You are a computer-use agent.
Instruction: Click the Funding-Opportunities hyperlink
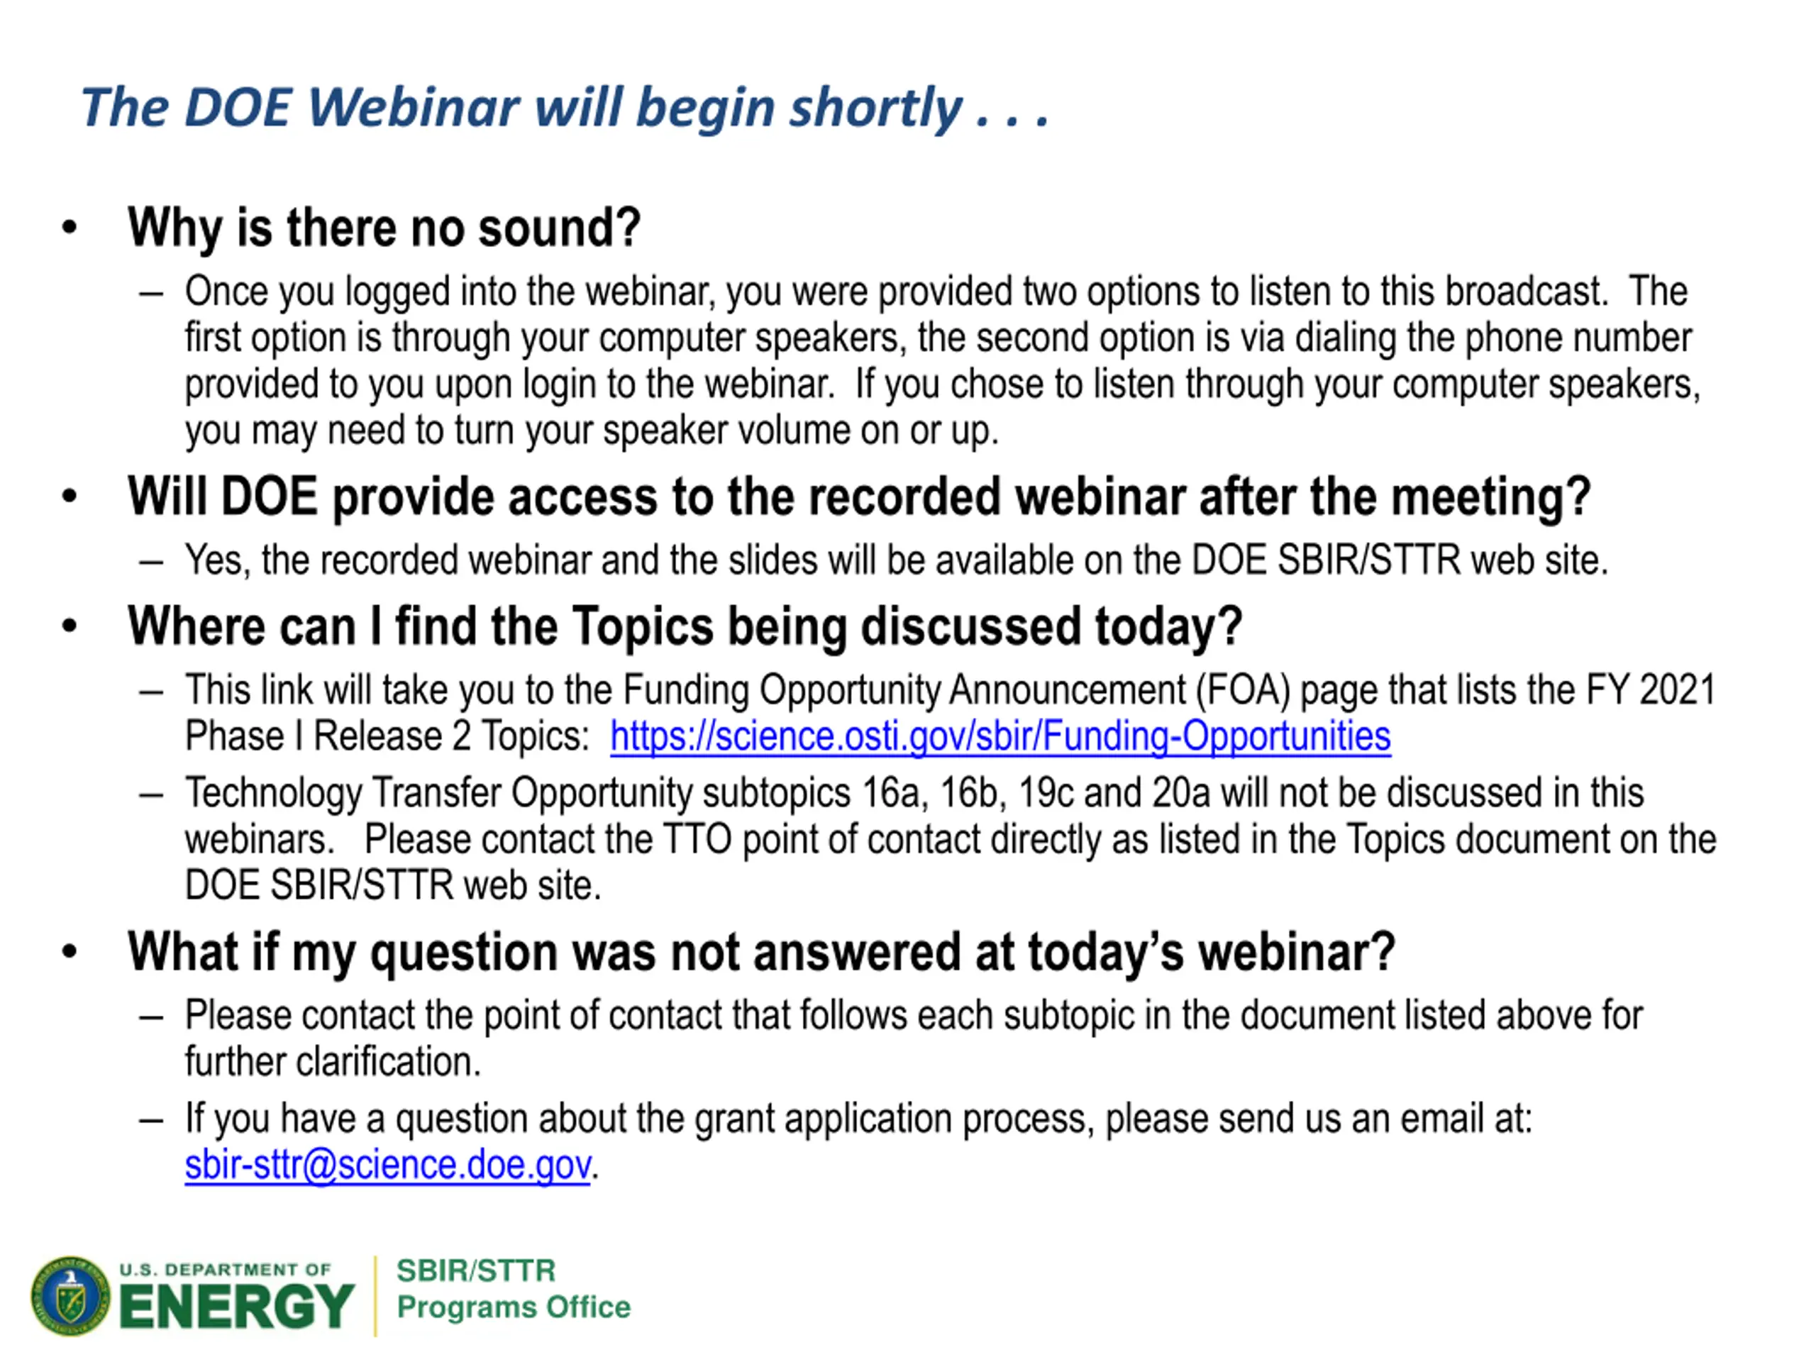(1000, 736)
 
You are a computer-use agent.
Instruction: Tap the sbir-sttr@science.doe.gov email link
(387, 1165)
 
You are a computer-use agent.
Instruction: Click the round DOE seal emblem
(71, 1295)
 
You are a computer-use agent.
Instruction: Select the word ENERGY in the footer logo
(237, 1306)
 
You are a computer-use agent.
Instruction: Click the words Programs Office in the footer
(514, 1307)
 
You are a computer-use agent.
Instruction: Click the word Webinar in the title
(413, 108)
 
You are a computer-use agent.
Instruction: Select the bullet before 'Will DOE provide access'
(70, 496)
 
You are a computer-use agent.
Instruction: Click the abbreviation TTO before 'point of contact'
(697, 840)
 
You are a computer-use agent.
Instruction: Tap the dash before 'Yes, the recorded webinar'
(151, 562)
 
